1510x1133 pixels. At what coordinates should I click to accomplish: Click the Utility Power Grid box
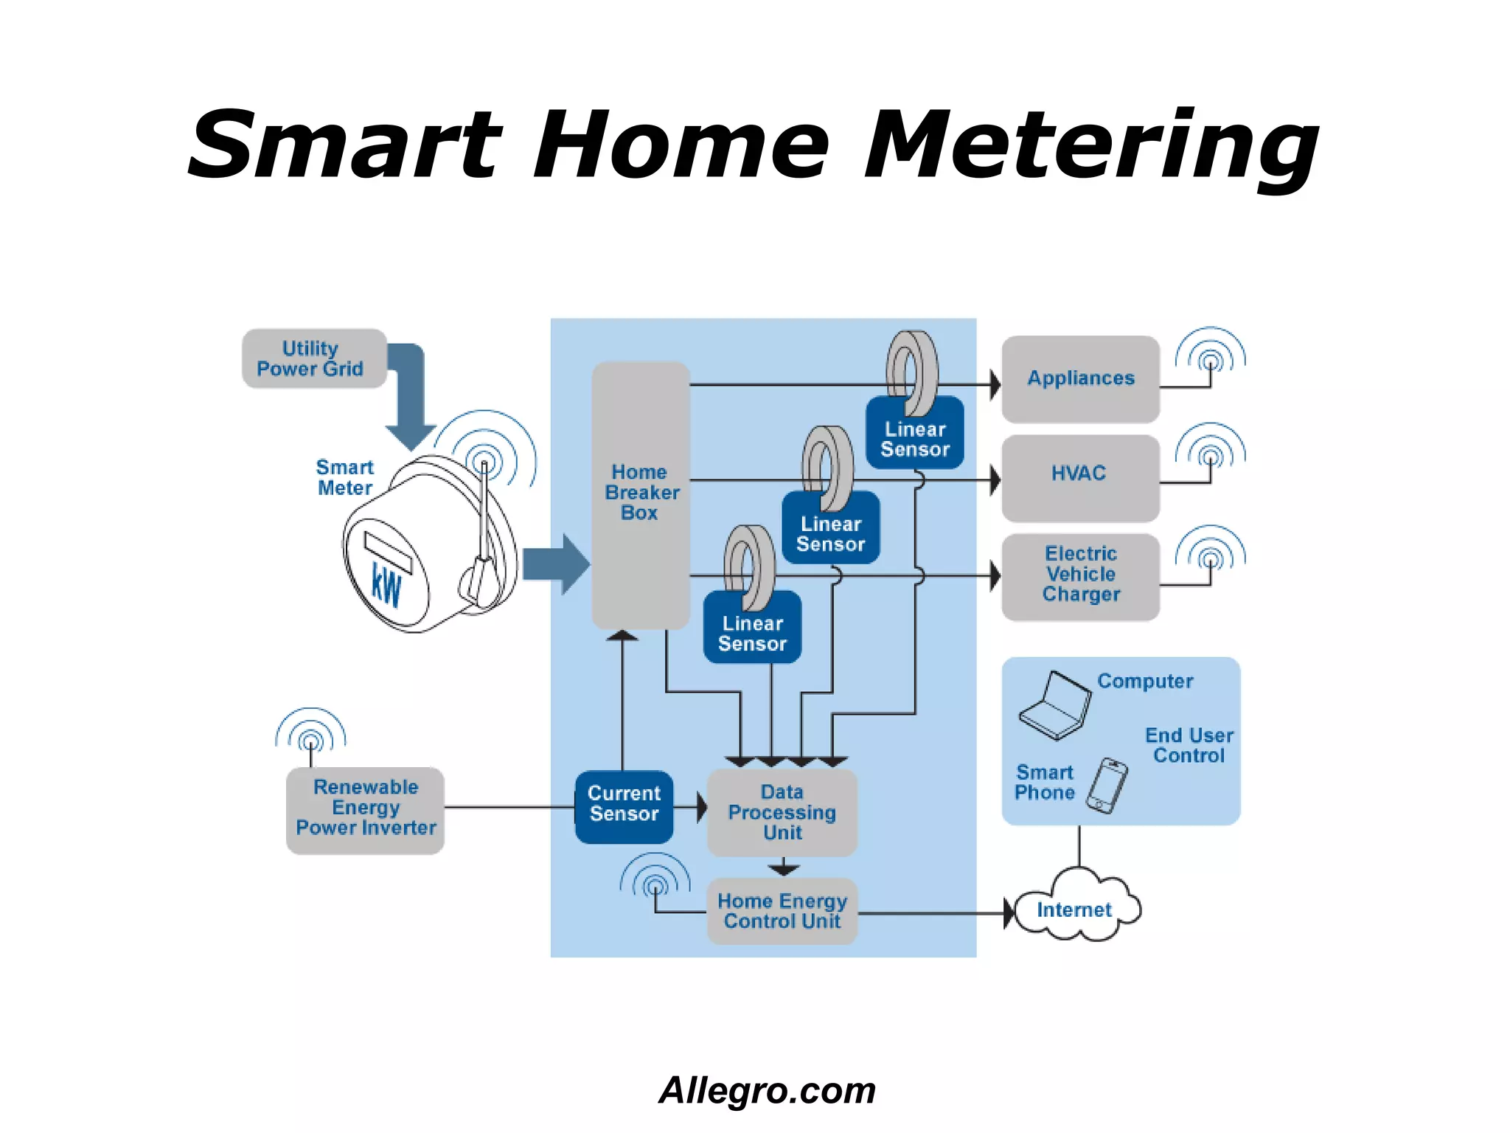point(314,358)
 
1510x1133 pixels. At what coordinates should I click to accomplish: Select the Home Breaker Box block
point(640,494)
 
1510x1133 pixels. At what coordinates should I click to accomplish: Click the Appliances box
point(1080,378)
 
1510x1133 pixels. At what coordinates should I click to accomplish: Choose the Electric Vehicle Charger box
point(1080,575)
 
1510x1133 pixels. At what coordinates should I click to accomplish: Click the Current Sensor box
point(624,805)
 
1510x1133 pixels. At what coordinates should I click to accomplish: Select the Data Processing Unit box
point(782,812)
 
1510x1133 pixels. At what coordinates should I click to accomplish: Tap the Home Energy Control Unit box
point(782,911)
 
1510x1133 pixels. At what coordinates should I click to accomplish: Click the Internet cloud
point(1075,909)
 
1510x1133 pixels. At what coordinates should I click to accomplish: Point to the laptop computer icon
point(1055,705)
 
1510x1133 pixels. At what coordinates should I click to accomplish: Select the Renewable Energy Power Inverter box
point(365,809)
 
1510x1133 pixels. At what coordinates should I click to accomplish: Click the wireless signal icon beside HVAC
point(1210,448)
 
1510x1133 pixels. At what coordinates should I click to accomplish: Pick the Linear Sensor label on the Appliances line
point(915,439)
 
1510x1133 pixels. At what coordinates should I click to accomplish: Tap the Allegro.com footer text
point(767,1091)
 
